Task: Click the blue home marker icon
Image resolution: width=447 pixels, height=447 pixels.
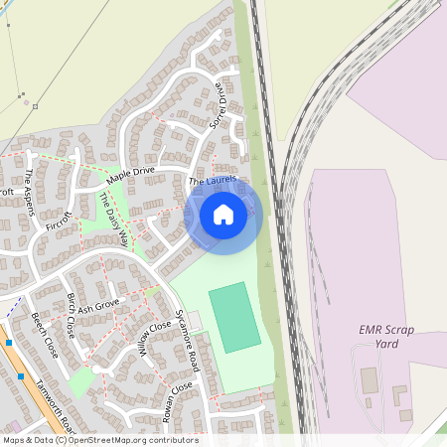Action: click(223, 214)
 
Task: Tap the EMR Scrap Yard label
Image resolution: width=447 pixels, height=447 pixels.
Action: click(386, 337)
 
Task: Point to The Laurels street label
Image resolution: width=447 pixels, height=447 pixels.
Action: click(212, 181)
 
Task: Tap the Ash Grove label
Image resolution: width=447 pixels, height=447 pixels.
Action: click(98, 305)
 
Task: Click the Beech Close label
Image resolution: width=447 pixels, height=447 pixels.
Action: click(45, 335)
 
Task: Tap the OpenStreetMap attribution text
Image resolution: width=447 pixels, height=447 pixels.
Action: click(100, 440)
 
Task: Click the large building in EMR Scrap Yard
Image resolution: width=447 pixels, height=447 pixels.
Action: click(370, 379)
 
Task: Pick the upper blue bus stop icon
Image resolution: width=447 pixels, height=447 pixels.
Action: click(8, 343)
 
